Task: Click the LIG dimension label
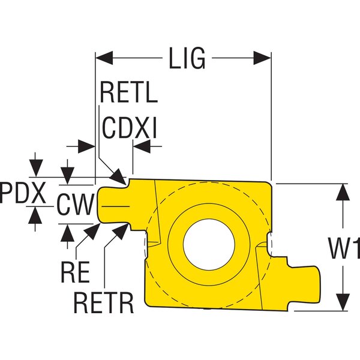(x=185, y=59)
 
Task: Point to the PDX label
(x=23, y=193)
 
